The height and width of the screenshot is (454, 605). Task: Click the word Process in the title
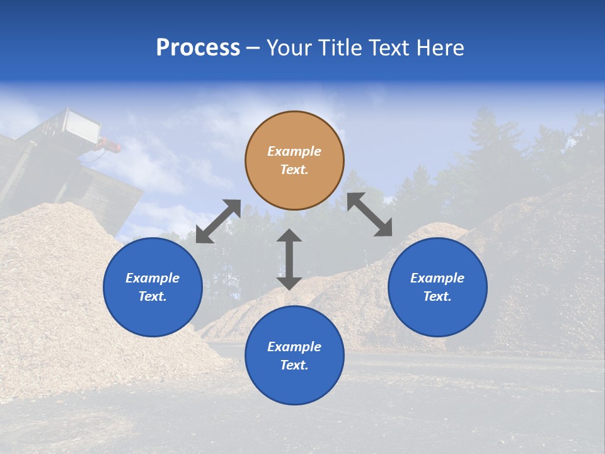tap(198, 48)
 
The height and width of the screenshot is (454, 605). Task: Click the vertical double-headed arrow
tap(289, 259)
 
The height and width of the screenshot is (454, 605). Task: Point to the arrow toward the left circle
tap(218, 221)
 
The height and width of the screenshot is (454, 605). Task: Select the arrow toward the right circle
tap(370, 214)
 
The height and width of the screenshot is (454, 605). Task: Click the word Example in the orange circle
tap(294, 151)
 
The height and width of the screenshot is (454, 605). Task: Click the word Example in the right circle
tap(437, 278)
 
